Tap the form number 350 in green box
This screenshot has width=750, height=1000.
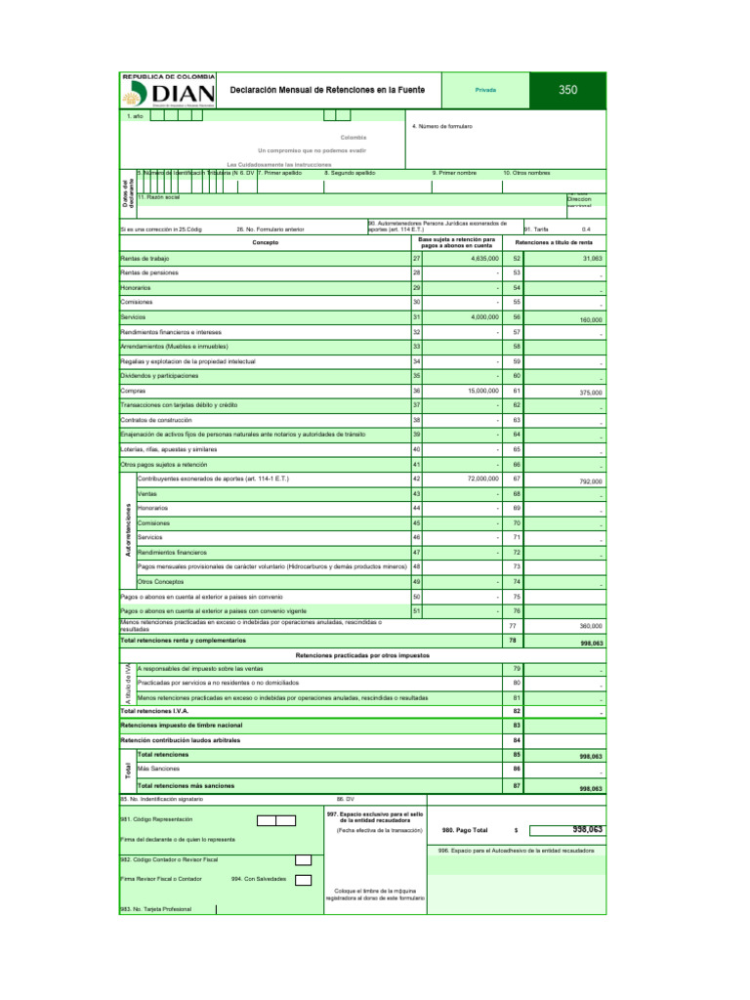click(x=568, y=90)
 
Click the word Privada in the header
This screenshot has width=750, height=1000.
click(x=485, y=90)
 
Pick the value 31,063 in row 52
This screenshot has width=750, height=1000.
click(x=591, y=259)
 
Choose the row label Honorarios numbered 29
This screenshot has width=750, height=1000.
click(x=136, y=289)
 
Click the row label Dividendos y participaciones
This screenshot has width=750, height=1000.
click(x=158, y=376)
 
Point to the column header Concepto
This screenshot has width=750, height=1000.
click(x=265, y=242)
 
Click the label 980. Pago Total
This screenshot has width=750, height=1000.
click(x=465, y=830)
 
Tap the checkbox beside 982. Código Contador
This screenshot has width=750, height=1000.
click(x=303, y=859)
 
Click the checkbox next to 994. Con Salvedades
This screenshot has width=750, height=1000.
click(x=303, y=879)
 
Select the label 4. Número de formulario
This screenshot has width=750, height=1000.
click(x=442, y=127)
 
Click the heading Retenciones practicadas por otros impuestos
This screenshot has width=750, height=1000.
click(x=360, y=654)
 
